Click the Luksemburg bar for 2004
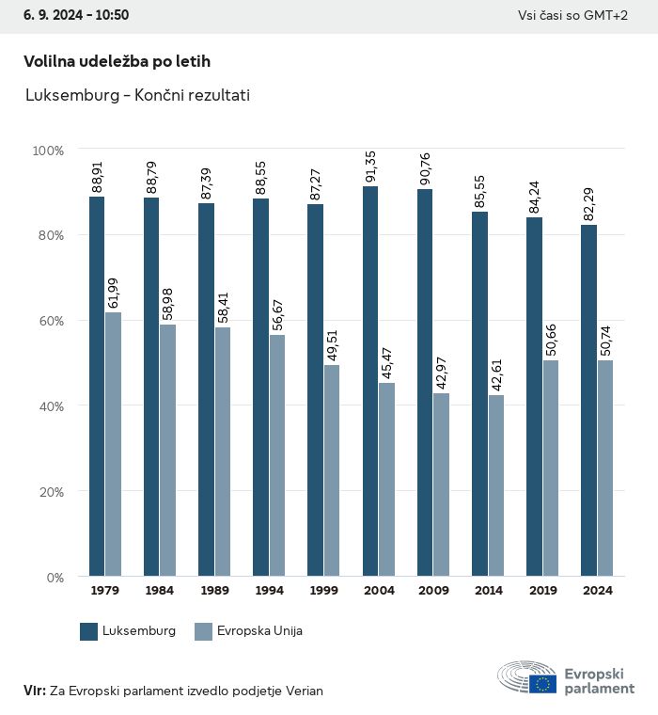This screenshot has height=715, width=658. pyautogui.click(x=370, y=381)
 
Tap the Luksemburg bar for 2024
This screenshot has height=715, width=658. pyautogui.click(x=588, y=400)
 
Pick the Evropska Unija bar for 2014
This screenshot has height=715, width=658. pyautogui.click(x=495, y=485)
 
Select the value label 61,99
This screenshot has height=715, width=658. pyautogui.click(x=113, y=293)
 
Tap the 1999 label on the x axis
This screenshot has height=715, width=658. pyautogui.click(x=323, y=591)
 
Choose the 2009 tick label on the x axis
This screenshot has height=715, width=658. pyautogui.click(x=432, y=591)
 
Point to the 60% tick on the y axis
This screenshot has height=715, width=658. pyautogui.click(x=48, y=321)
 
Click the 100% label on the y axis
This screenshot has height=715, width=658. pyautogui.click(x=47, y=151)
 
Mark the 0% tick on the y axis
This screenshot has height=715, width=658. pyautogui.click(x=53, y=577)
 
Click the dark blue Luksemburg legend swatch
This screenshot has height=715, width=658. pyautogui.click(x=89, y=631)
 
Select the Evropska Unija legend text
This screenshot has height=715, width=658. pyautogui.click(x=259, y=631)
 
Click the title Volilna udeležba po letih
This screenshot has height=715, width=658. pyautogui.click(x=117, y=61)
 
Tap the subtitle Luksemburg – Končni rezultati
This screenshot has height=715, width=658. pyautogui.click(x=137, y=95)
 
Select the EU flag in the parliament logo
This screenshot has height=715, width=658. pyautogui.click(x=541, y=683)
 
